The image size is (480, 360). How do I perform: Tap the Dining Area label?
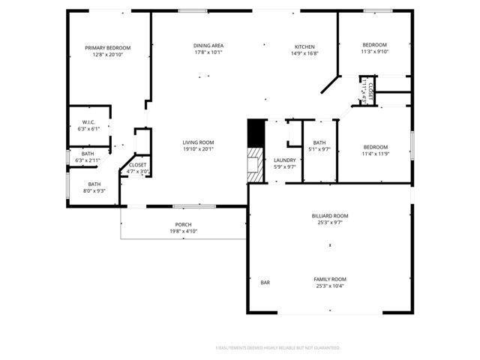(209, 46)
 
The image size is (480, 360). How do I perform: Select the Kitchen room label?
(304, 46)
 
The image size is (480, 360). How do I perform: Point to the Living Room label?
(199, 142)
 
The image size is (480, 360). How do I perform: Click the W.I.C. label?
(88, 122)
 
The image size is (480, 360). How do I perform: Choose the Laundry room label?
(284, 160)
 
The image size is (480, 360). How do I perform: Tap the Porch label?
(184, 225)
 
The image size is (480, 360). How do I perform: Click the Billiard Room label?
(330, 215)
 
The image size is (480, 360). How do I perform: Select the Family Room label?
(330, 279)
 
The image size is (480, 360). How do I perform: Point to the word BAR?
(265, 283)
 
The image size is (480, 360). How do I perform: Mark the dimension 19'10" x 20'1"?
(199, 148)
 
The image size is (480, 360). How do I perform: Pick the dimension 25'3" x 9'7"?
(330, 222)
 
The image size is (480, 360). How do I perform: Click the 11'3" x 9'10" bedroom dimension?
(375, 52)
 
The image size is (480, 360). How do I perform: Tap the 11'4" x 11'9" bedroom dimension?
(375, 154)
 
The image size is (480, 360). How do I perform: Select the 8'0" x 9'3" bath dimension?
(94, 191)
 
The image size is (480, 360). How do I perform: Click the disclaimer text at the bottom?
(277, 348)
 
